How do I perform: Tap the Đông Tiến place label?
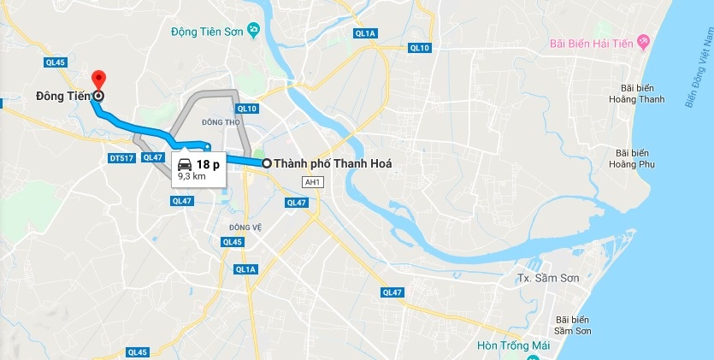(62, 96)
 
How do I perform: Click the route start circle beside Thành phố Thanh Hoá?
(267, 163)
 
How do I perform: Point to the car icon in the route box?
(185, 164)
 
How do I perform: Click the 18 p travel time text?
(208, 164)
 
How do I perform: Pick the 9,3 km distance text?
(192, 176)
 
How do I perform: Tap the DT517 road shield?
(121, 157)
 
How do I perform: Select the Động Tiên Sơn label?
(208, 32)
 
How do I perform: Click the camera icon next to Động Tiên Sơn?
(254, 32)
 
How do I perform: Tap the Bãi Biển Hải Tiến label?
(591, 42)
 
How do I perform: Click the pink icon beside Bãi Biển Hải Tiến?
(644, 41)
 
